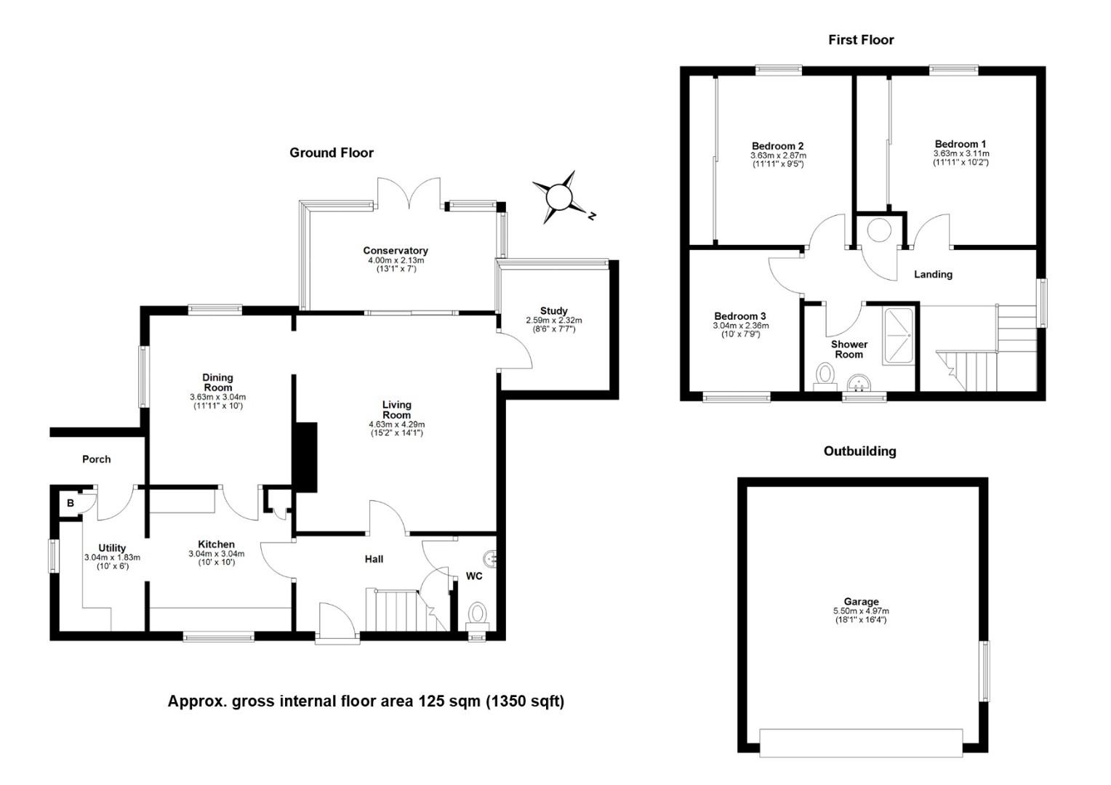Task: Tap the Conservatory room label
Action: pyautogui.click(x=396, y=251)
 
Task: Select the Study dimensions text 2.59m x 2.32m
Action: pyautogui.click(x=554, y=321)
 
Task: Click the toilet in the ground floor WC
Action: pyautogui.click(x=478, y=616)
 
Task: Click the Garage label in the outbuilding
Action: pyautogui.click(x=861, y=602)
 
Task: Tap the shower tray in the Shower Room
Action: pyautogui.click(x=898, y=337)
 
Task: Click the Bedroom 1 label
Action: pyautogui.click(x=960, y=145)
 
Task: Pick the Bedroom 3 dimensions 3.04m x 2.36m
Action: pyautogui.click(x=740, y=326)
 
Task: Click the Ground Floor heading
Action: pyautogui.click(x=332, y=153)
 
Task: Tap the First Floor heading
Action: pyautogui.click(x=861, y=40)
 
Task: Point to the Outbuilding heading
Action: pyautogui.click(x=860, y=451)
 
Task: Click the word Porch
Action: pyautogui.click(x=96, y=459)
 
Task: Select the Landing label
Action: pyautogui.click(x=933, y=274)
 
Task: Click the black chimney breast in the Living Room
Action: pyautogui.click(x=305, y=457)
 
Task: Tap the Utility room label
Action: pyautogui.click(x=112, y=548)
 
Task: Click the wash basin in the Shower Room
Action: pyautogui.click(x=859, y=383)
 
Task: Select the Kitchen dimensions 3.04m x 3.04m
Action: pyautogui.click(x=216, y=554)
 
